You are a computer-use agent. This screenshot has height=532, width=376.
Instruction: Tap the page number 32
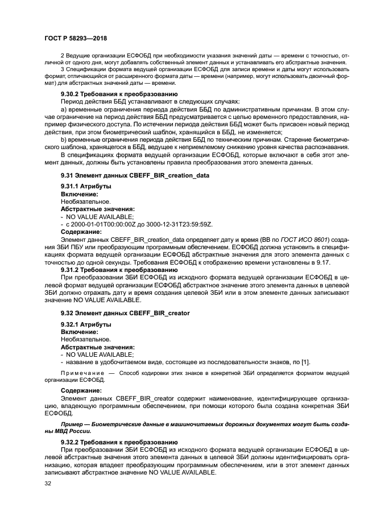[48, 484]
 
